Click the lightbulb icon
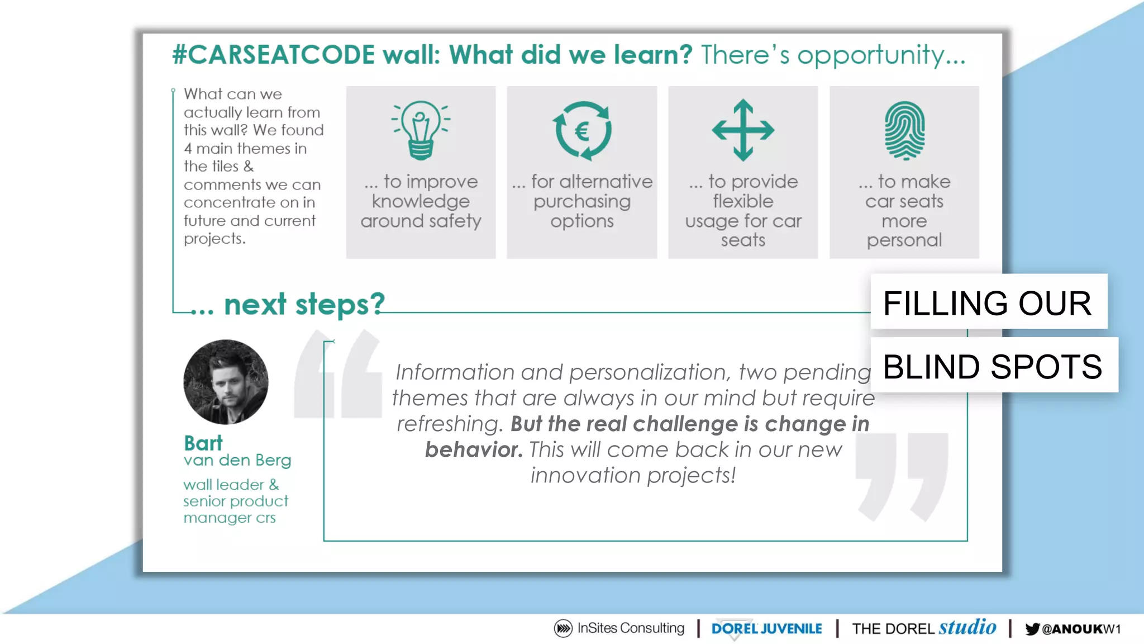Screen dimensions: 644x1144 [421, 130]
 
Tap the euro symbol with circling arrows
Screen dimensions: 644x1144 [582, 131]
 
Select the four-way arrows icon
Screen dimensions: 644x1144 [743, 130]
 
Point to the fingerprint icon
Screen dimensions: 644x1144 [904, 131]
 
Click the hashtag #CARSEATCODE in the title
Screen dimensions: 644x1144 [273, 55]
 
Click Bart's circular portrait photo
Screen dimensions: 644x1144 [226, 382]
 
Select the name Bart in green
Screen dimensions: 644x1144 [203, 443]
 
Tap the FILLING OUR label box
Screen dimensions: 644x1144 [988, 302]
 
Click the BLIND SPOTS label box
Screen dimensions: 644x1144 [993, 366]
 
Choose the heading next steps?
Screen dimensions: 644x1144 [304, 305]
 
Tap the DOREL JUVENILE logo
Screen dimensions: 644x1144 [766, 629]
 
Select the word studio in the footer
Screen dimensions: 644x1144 [967, 627]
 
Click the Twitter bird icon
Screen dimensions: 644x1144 [1032, 629]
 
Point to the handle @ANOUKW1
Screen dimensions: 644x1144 [1081, 629]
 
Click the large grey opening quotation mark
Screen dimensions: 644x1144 [339, 375]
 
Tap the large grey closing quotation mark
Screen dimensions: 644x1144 [901, 475]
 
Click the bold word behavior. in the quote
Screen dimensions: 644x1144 [474, 449]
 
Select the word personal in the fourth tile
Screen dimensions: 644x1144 [904, 240]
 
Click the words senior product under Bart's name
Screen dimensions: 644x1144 [236, 501]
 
